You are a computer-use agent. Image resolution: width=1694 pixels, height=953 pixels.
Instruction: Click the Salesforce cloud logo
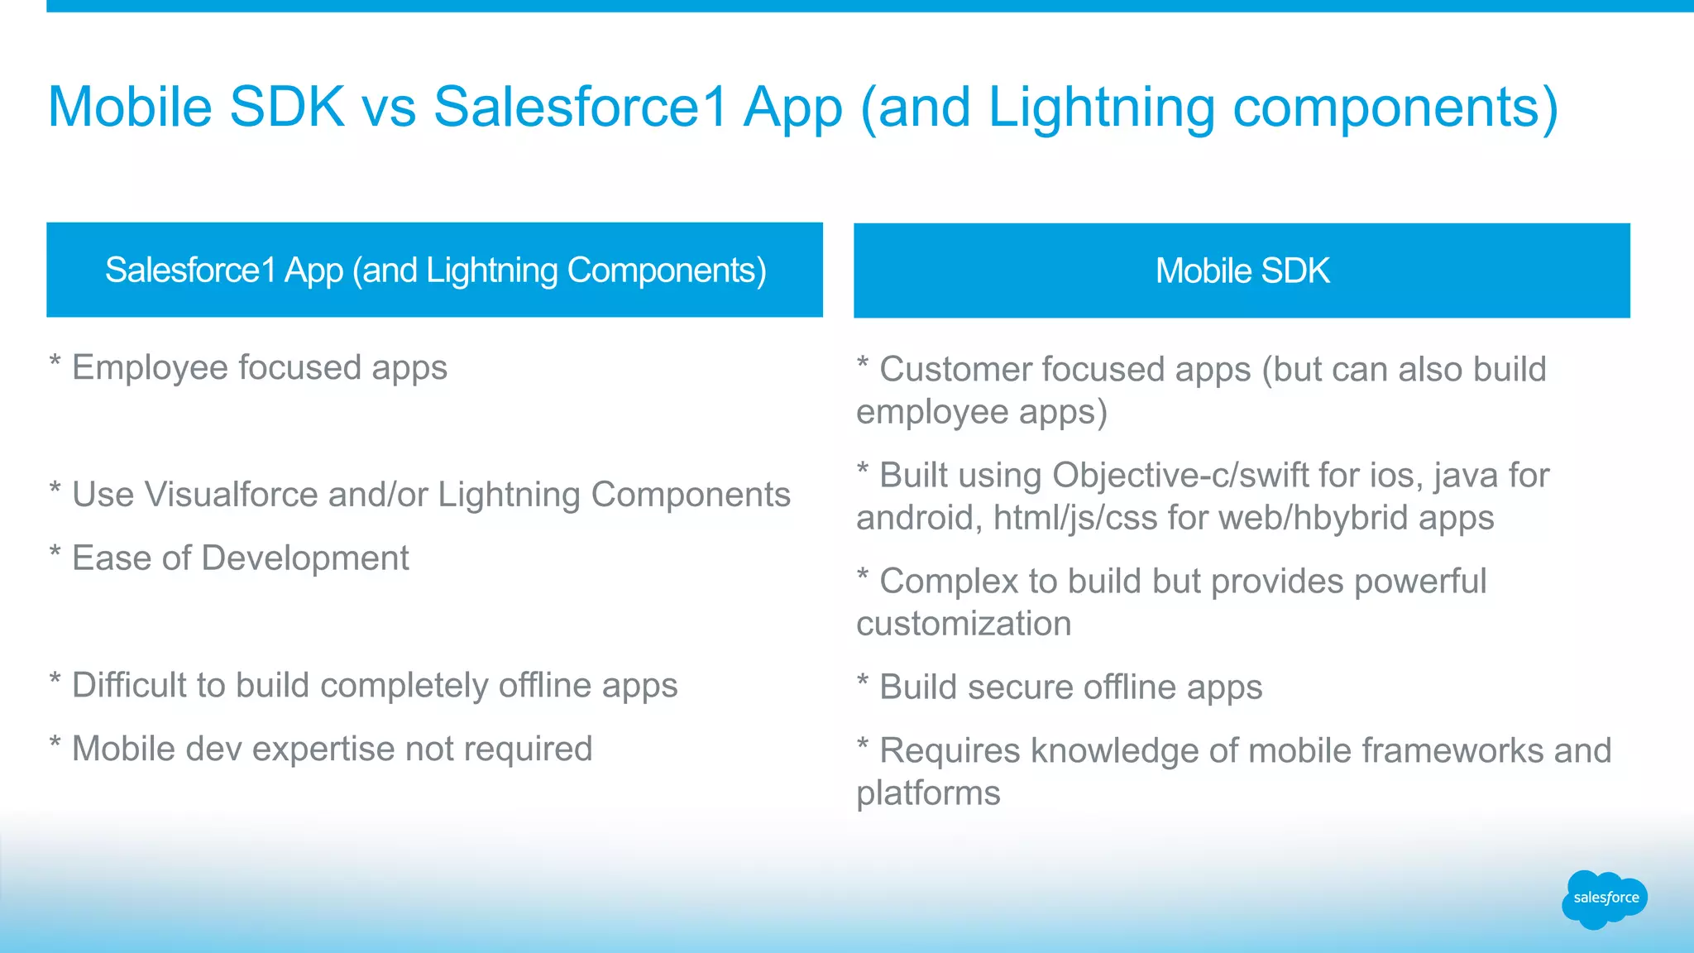pyautogui.click(x=1604, y=898)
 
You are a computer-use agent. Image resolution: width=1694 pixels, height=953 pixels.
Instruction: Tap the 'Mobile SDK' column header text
pyautogui.click(x=1242, y=271)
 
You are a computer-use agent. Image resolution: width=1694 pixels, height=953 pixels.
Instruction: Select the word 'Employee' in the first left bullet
pyautogui.click(x=150, y=368)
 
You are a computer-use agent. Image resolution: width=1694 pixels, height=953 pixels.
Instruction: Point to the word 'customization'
pyautogui.click(x=964, y=625)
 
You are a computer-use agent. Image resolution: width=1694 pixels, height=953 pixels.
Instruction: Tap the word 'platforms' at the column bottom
pyautogui.click(x=928, y=793)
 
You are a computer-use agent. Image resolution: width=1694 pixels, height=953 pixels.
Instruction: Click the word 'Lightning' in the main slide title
pyautogui.click(x=1100, y=108)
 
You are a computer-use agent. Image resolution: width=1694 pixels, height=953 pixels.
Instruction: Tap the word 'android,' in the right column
pyautogui.click(x=919, y=519)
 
